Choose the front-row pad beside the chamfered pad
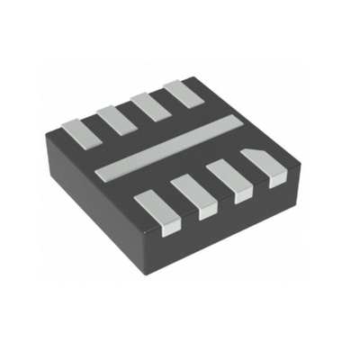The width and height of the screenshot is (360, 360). pos(229,174)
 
